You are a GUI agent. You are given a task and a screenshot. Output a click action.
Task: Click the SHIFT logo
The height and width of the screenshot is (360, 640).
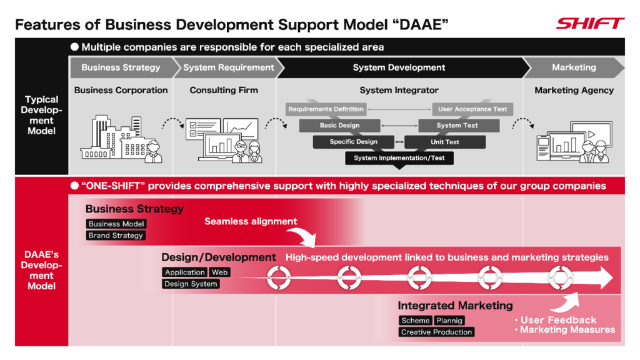(589, 24)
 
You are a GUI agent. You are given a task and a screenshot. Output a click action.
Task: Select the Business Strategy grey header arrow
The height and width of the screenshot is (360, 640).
(121, 67)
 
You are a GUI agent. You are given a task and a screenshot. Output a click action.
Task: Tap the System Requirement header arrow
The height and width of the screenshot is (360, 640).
(228, 67)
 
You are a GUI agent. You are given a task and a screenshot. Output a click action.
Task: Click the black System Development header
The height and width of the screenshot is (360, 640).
(399, 67)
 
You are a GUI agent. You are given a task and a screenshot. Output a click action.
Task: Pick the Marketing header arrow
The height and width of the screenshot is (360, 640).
(574, 67)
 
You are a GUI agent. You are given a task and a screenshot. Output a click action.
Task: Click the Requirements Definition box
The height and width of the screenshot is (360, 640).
(326, 109)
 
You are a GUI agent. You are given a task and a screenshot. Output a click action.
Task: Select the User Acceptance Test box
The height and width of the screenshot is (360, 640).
(472, 109)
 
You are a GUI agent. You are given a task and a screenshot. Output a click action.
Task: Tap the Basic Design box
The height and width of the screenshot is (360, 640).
(339, 126)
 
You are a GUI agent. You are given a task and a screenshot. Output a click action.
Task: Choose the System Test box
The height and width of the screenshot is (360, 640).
(457, 126)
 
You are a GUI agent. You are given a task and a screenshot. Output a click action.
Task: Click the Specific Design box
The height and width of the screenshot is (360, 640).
(353, 142)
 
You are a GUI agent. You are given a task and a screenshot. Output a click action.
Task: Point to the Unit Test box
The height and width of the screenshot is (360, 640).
(445, 142)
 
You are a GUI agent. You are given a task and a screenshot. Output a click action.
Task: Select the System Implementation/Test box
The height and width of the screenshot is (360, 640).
(399, 158)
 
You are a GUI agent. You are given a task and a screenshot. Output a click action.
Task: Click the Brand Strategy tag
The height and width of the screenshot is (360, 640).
(116, 236)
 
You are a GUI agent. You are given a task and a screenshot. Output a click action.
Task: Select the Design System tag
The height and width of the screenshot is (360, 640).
(191, 284)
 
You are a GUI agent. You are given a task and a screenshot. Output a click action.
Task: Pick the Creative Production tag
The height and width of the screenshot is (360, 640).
(436, 332)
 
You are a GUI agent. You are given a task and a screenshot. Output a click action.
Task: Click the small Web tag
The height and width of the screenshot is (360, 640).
(219, 272)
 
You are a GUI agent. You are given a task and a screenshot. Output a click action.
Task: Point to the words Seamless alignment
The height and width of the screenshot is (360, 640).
(251, 221)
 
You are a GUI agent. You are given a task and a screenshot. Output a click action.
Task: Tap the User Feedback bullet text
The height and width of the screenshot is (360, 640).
(558, 320)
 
